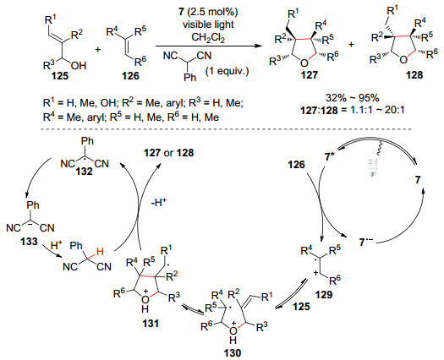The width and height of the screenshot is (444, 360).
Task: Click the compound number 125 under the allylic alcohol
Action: [60, 76]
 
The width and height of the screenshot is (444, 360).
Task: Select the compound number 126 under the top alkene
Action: [130, 76]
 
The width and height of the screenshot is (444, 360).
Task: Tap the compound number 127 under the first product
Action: [310, 75]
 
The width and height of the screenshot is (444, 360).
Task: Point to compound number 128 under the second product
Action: [414, 75]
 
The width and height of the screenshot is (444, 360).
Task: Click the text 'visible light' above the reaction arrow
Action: [208, 25]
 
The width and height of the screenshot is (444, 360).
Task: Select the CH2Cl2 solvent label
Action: [208, 37]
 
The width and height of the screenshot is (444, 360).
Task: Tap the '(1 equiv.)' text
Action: [227, 70]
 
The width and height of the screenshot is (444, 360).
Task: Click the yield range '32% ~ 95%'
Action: [353, 98]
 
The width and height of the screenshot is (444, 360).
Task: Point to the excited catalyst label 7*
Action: [330, 156]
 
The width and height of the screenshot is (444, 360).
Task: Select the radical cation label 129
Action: [324, 295]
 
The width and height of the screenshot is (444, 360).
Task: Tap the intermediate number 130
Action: [233, 353]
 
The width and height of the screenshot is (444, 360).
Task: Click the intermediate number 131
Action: [151, 323]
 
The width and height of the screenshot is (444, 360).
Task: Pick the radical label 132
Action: [84, 172]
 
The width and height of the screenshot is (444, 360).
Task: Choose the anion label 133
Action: [29, 242]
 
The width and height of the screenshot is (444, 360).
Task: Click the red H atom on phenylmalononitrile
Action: [100, 251]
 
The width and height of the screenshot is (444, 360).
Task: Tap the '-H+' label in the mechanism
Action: [159, 203]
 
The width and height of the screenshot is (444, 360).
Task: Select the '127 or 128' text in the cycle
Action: [169, 153]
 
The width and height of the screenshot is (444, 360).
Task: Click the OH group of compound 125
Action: [79, 66]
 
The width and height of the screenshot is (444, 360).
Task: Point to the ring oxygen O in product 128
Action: [404, 60]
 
